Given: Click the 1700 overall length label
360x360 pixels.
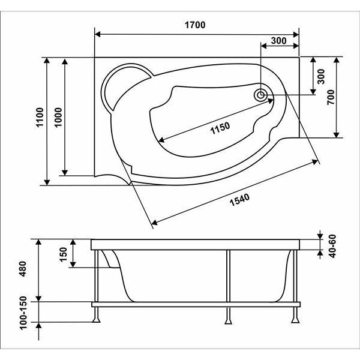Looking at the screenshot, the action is [195, 25].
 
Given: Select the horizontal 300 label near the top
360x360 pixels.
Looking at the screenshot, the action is [278, 41].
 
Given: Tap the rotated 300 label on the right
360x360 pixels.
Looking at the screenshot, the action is [321, 76].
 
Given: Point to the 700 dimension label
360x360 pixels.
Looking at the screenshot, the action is [331, 97].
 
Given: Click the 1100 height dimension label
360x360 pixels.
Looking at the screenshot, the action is [40, 117].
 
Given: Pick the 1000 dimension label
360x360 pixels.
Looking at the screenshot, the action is [58, 117].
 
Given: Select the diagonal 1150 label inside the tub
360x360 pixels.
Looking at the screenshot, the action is [220, 128].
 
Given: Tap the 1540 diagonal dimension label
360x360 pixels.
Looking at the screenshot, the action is [239, 200].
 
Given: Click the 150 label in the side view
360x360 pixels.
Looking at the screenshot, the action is [63, 254].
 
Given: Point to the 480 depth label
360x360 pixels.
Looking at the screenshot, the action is [23, 269].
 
